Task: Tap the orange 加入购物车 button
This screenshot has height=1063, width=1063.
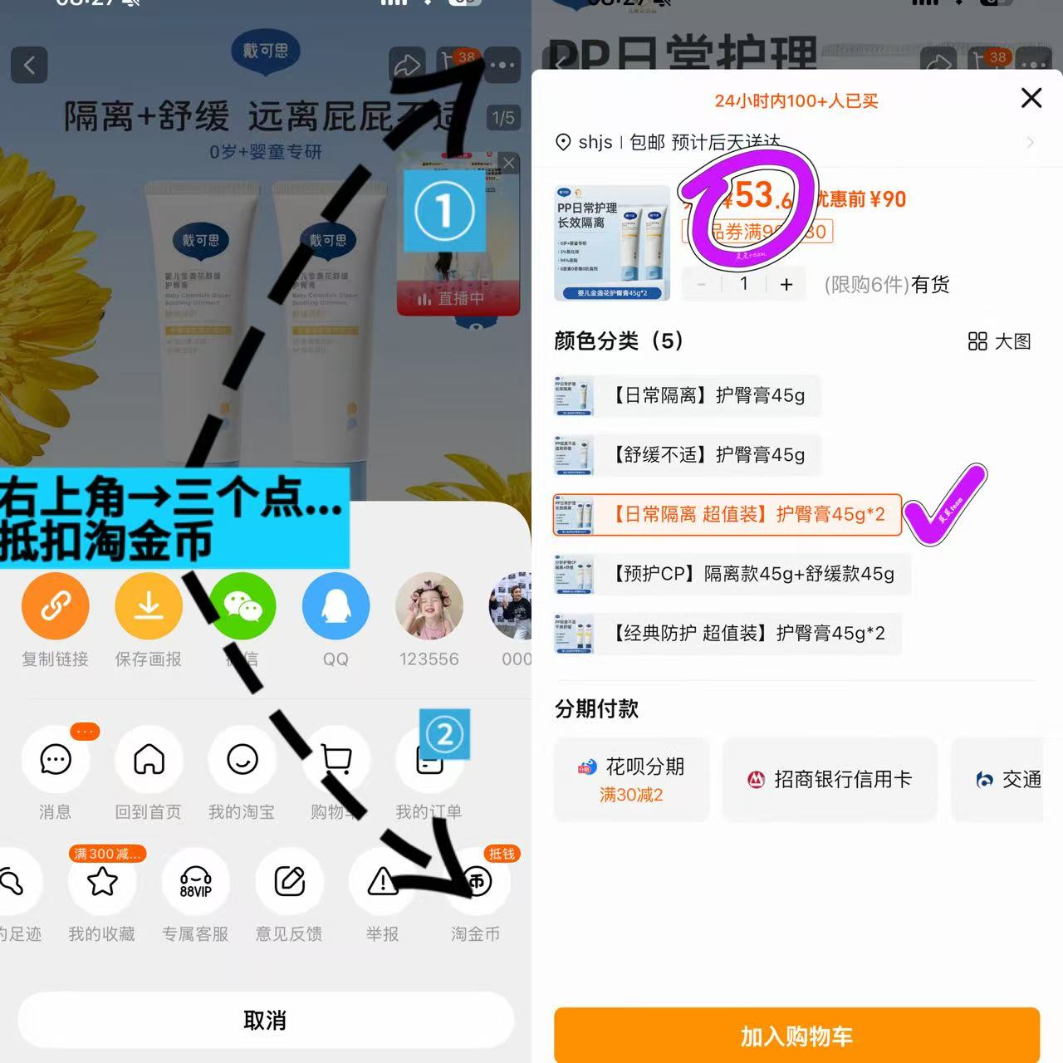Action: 796,1035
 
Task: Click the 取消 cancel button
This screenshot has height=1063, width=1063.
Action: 265,1020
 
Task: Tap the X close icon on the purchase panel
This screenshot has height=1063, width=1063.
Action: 1031,98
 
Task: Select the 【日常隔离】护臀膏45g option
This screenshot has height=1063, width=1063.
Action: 687,395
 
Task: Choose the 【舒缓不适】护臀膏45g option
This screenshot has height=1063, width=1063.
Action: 687,455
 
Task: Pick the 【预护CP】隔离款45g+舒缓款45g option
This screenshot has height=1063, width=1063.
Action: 731,574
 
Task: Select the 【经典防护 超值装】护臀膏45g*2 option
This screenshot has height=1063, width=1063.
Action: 727,634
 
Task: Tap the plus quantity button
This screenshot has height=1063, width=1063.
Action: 786,285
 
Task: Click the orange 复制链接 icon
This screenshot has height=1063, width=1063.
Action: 55,606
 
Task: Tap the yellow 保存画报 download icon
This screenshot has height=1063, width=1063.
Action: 149,606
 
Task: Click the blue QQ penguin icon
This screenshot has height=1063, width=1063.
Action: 336,606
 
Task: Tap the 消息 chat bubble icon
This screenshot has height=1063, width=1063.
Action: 56,759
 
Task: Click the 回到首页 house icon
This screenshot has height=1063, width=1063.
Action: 149,759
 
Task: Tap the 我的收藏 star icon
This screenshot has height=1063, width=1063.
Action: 102,881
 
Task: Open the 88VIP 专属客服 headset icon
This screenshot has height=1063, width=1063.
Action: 196,881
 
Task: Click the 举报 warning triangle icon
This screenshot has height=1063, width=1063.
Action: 383,881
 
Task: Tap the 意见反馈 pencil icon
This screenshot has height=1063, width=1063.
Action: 289,881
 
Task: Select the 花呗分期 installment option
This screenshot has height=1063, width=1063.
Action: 632,779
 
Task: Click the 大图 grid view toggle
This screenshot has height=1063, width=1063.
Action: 999,341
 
